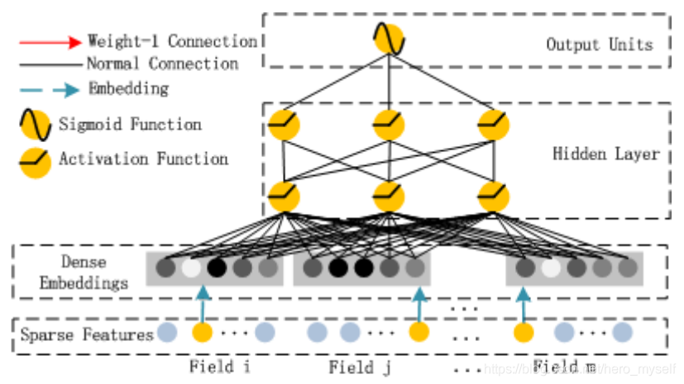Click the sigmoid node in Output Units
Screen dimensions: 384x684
[389, 39]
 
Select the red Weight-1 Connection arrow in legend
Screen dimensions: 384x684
[51, 40]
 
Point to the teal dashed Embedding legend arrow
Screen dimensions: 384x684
[51, 88]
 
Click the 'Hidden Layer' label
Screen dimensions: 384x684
[605, 154]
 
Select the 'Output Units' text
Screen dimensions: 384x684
[599, 44]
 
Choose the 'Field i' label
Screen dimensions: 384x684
[219, 367]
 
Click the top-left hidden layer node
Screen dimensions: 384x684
[284, 126]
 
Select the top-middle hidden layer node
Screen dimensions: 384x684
[389, 126]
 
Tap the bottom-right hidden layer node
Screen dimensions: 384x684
[494, 197]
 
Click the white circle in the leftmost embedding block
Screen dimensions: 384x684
[191, 268]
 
